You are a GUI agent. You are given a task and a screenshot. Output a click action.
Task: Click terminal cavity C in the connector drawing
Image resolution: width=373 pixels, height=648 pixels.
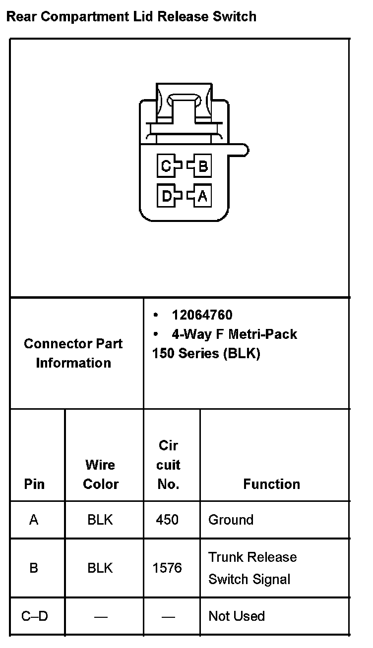tap(166, 166)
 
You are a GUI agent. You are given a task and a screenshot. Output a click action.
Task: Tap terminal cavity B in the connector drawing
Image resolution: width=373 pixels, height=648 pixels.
tap(202, 166)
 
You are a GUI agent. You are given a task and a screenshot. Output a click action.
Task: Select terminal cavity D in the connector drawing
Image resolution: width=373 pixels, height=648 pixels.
tap(166, 196)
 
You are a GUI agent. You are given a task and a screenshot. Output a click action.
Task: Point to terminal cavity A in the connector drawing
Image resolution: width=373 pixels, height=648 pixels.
tap(202, 196)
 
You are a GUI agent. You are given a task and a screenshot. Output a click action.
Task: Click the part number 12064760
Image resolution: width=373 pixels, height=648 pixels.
tap(202, 315)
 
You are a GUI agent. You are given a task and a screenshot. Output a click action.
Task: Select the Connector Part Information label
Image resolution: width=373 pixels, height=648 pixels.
tap(73, 353)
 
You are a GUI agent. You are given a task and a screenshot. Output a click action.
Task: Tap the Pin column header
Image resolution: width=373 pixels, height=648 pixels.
tap(34, 484)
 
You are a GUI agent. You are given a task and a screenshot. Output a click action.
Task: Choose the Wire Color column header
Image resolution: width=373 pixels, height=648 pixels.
tap(101, 475)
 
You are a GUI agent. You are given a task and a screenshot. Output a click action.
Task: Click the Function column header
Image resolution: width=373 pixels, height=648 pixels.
tap(271, 484)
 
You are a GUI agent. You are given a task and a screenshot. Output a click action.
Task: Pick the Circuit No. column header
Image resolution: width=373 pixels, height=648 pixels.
tap(168, 465)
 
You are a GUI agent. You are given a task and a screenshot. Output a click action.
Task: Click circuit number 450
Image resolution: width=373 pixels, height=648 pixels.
tap(167, 520)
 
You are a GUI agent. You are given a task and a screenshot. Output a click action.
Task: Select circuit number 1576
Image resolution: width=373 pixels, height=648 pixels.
tap(167, 568)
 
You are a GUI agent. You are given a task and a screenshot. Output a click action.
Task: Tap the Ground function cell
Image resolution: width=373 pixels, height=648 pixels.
tap(231, 520)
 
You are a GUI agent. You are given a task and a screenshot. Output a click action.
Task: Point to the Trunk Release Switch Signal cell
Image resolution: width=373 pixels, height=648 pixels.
tap(252, 568)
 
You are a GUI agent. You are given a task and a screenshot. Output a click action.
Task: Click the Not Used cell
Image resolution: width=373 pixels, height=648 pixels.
tap(237, 616)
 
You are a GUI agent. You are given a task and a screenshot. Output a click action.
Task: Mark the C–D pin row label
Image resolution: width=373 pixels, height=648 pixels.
tap(35, 616)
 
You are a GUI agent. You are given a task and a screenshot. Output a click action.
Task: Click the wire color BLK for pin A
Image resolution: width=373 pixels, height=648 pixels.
tap(100, 520)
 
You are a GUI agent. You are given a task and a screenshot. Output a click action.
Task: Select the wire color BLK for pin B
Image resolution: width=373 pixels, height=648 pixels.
tap(100, 568)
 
